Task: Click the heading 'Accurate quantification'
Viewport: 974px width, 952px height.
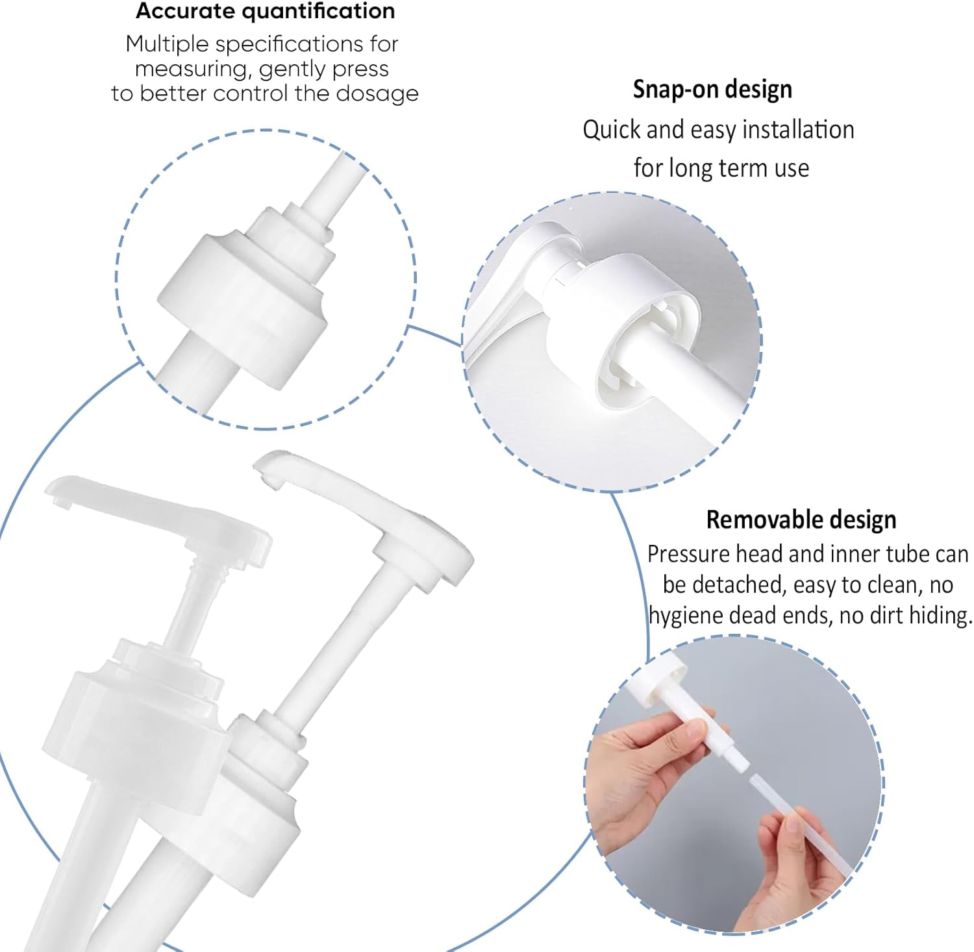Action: [265, 12]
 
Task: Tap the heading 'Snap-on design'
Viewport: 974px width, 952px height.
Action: [712, 90]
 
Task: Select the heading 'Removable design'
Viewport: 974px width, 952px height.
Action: [801, 520]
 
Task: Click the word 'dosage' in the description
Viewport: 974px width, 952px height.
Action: [377, 94]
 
